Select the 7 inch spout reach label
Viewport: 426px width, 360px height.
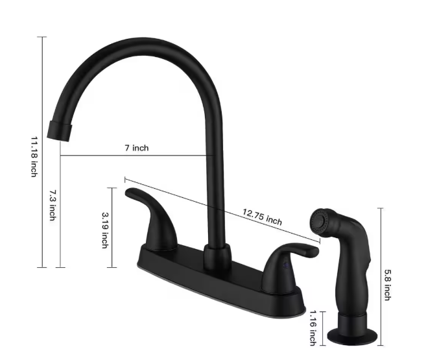pos(137,148)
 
